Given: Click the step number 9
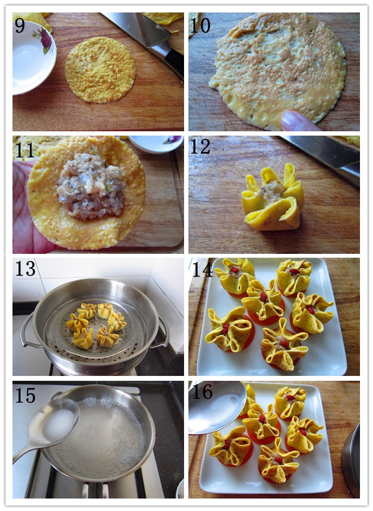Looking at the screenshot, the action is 20,25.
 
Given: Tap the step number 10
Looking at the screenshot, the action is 200,25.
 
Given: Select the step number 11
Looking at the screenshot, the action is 25,150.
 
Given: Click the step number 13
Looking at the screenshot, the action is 26,269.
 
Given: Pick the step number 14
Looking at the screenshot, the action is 203,269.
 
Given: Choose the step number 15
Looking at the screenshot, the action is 26,395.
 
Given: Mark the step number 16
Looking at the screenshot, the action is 202,392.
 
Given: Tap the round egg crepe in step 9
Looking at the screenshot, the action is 100,70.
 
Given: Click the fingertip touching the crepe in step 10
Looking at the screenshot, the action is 296,121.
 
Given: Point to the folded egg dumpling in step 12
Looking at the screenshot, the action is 273,198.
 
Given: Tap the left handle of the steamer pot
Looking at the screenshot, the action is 27,331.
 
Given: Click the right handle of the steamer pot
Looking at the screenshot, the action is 163,333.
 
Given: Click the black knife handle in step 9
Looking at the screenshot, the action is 171,60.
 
